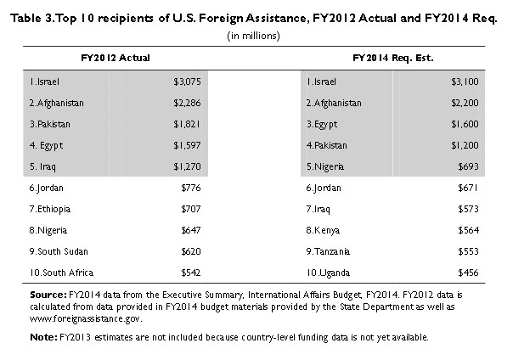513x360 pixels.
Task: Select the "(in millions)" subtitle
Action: [x=256, y=35]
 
